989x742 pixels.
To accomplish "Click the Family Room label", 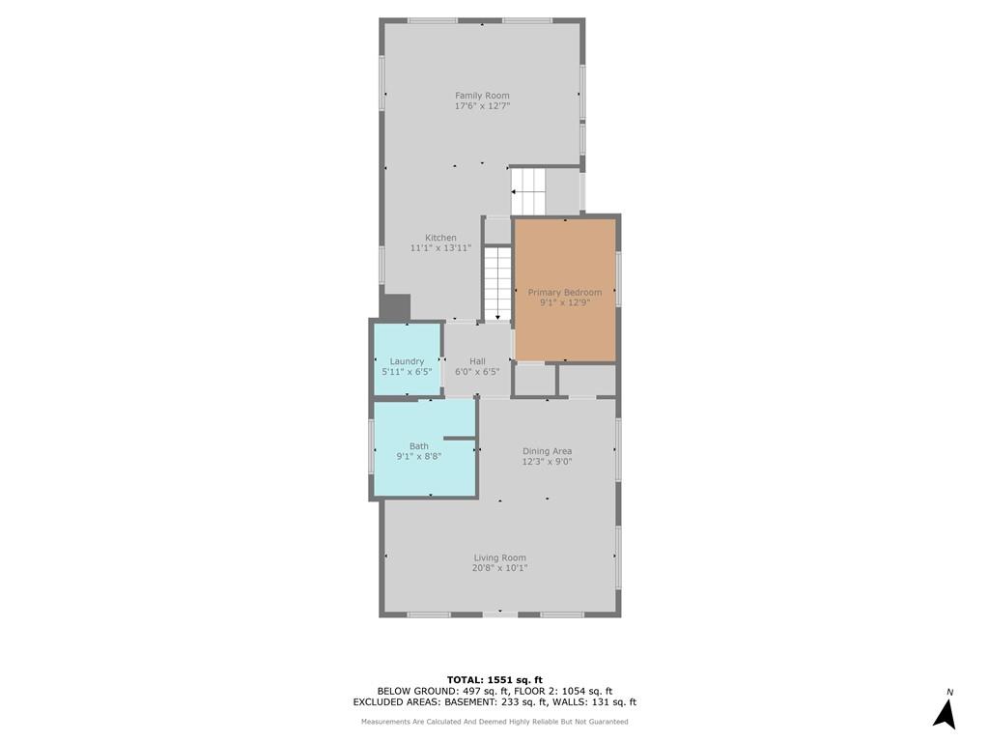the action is [x=483, y=96].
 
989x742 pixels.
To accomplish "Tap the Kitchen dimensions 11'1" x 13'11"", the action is [x=440, y=248].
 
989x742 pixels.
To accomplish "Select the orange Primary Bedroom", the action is [x=565, y=290].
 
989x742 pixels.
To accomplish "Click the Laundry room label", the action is [x=407, y=361].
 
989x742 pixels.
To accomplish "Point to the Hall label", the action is [x=477, y=361].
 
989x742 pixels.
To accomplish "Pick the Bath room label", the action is [x=419, y=446].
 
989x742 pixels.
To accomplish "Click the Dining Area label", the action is [x=547, y=451].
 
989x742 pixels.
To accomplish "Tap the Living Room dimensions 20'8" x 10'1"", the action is [x=500, y=568].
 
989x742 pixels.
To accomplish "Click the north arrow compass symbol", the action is [x=945, y=713].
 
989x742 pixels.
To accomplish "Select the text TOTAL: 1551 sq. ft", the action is [x=494, y=679].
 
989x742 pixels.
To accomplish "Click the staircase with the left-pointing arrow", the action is [x=528, y=191].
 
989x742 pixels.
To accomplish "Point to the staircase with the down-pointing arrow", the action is [x=497, y=284].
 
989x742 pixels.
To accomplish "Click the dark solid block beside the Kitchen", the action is [x=395, y=306].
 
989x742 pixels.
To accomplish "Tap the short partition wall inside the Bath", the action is [x=459, y=438].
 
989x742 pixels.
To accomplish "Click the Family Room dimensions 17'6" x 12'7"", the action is [x=483, y=106].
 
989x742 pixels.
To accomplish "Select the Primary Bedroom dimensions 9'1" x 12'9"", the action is [x=565, y=302].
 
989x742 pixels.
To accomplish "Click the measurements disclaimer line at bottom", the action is [x=494, y=721].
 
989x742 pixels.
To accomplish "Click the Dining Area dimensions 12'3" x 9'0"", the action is [x=547, y=462].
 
